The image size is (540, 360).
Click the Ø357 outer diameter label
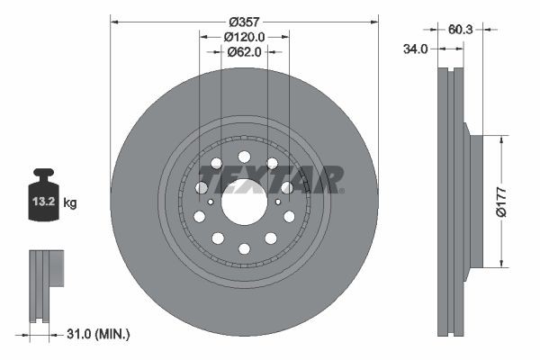tap(244, 20)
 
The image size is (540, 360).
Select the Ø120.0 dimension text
tap(244, 37)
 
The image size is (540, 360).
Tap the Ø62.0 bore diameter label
tap(244, 52)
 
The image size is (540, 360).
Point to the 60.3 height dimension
tap(461, 29)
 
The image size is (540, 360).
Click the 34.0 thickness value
tap(415, 49)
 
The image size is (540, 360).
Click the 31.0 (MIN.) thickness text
tap(99, 334)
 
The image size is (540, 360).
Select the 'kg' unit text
tap(70, 203)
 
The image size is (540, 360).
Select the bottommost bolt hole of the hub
tap(244, 248)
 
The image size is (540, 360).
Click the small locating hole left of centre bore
tap(211, 202)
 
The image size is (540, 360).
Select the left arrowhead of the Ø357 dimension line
tap(114, 20)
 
